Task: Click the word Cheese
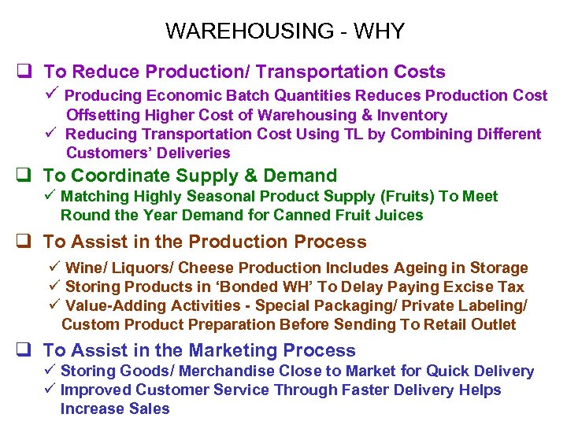[x=208, y=268]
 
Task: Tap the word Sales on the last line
[x=150, y=408]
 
